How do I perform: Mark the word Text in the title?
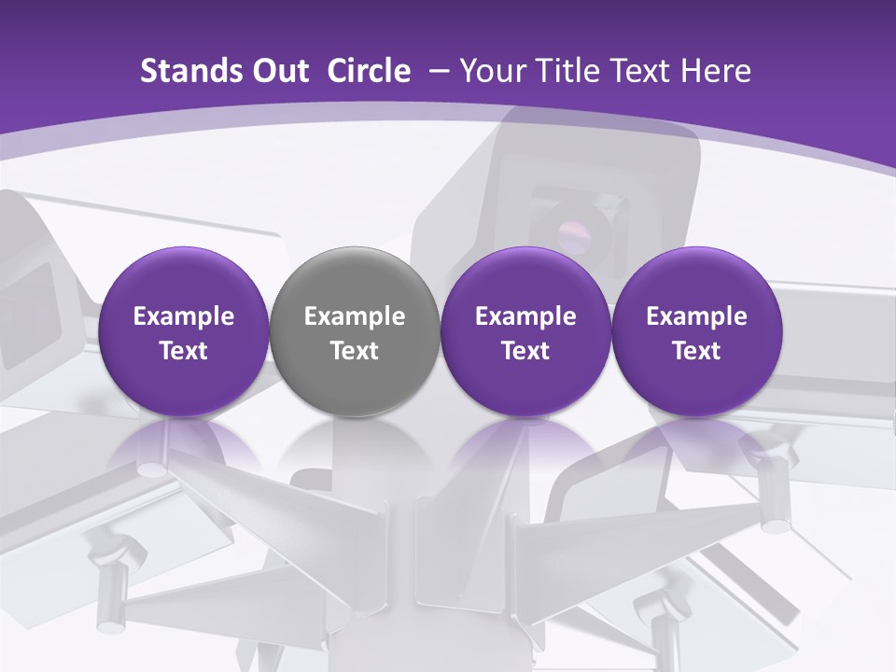pos(642,71)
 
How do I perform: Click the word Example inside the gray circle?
pos(355,317)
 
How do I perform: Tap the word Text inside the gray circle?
pos(355,351)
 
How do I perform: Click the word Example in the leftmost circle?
pos(184,317)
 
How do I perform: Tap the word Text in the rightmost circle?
pos(696,351)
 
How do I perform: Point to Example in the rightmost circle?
pos(696,317)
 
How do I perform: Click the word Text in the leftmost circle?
pos(184,351)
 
